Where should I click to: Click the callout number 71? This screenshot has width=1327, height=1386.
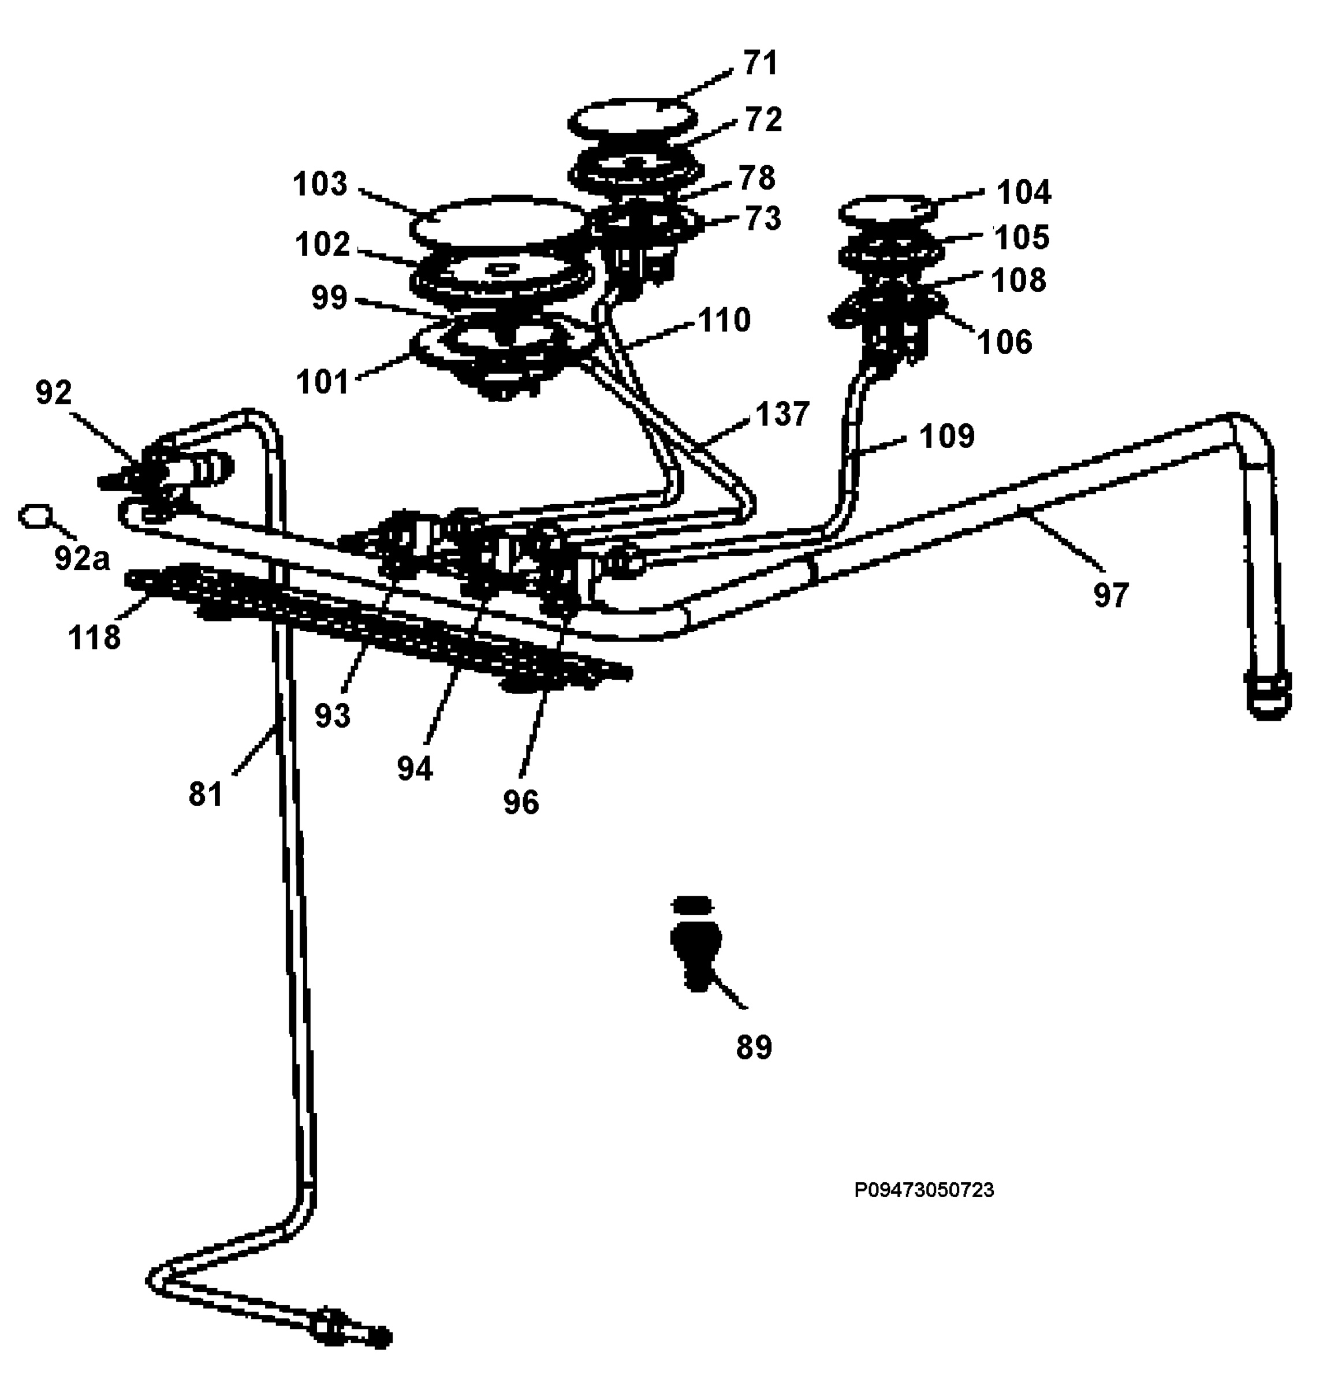coord(760,63)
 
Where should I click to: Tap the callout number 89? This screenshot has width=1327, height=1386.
coord(754,1047)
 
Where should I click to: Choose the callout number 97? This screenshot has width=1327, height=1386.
coord(1110,595)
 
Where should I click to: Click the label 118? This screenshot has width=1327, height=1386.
coord(94,637)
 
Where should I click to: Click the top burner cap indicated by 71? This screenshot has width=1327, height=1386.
coord(631,120)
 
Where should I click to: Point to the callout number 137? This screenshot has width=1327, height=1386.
coord(782,413)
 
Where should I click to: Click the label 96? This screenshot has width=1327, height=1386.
coord(521,802)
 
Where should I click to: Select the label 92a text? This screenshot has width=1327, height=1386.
coord(82,558)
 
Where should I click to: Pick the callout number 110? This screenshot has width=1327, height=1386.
coord(724,321)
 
